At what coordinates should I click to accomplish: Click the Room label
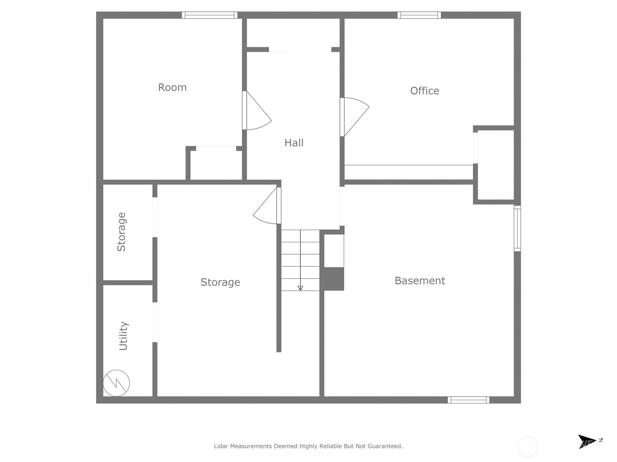coord(172,87)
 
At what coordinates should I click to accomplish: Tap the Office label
coord(425,91)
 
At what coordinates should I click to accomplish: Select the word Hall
coord(294,143)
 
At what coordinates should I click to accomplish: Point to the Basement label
coord(420,281)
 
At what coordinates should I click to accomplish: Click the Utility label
coord(123,336)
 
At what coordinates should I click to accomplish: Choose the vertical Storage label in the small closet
coord(121,232)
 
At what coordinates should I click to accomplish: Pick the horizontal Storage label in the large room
coord(220,282)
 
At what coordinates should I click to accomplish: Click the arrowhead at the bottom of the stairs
coord(300,288)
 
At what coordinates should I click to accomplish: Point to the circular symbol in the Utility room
coord(116,383)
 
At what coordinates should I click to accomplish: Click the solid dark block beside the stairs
coord(334,279)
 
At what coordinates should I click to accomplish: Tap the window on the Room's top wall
coord(210,15)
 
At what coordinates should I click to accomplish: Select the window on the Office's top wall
coord(419,15)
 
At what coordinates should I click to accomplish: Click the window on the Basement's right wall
coord(518,228)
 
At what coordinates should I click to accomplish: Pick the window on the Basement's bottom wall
coord(469,400)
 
